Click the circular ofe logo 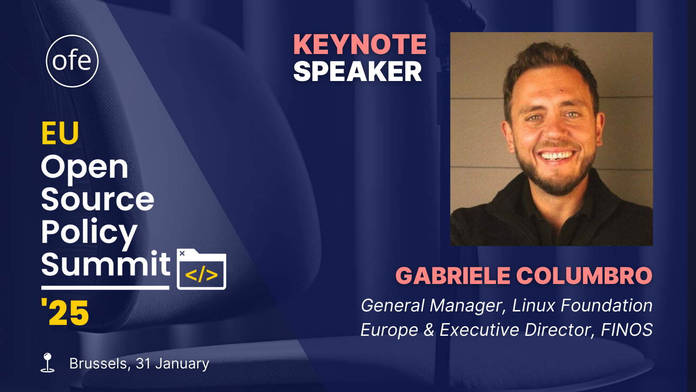point(72,61)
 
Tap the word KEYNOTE point(360,44)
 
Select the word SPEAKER point(357,71)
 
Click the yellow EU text point(60,133)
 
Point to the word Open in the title point(84,168)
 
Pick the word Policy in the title point(89,233)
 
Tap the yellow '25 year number point(65,312)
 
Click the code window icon point(201,269)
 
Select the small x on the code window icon point(182,253)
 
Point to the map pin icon point(47,362)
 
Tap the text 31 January point(172,363)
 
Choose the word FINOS point(627,330)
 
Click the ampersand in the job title point(429,330)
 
